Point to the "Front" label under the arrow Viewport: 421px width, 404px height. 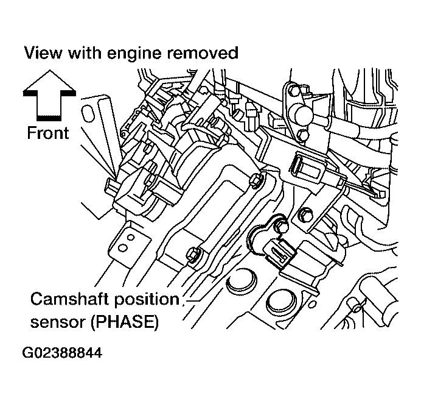click(x=48, y=133)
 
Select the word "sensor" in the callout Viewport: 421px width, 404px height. click(x=58, y=322)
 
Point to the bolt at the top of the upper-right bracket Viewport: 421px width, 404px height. click(x=295, y=91)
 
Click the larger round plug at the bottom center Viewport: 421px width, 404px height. click(x=282, y=300)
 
